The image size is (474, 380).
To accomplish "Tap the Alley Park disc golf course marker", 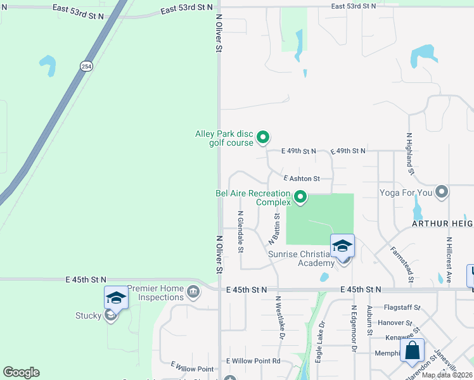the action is click(263, 136).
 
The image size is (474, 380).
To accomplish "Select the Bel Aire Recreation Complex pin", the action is click(301, 198).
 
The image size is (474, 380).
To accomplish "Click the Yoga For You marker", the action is click(442, 191).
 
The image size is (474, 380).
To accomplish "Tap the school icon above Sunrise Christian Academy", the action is click(342, 246).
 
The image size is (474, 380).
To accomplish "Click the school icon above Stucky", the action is click(117, 297).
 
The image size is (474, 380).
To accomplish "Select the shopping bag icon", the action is click(412, 350).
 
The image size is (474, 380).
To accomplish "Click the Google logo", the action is click(21, 372).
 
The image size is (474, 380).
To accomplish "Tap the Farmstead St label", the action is click(402, 264).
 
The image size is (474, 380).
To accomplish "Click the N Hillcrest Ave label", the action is click(449, 260).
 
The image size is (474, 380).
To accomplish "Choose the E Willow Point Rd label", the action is click(253, 361).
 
